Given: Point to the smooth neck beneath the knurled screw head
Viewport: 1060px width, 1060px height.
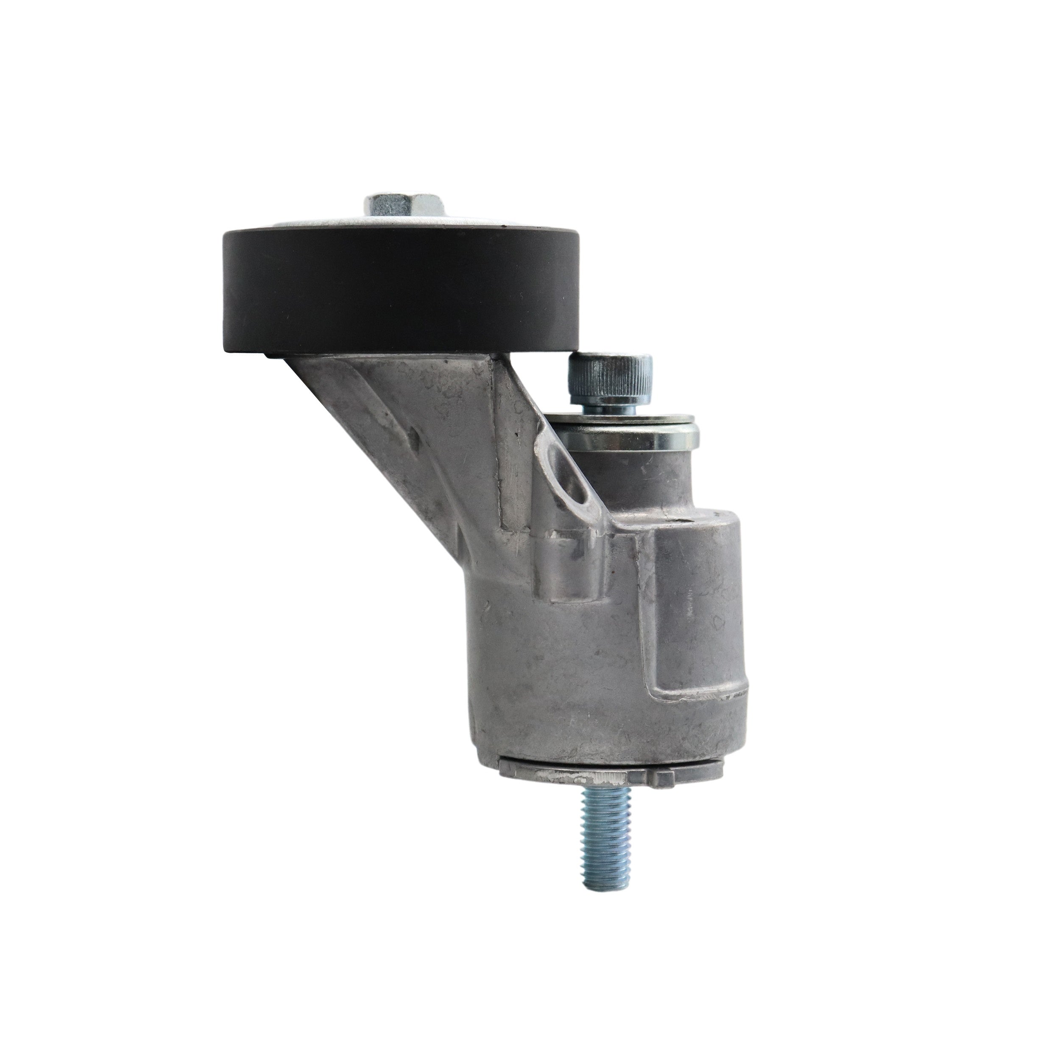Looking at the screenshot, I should click(x=610, y=407).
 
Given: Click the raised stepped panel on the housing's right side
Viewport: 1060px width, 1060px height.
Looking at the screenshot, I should click(x=697, y=620).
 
